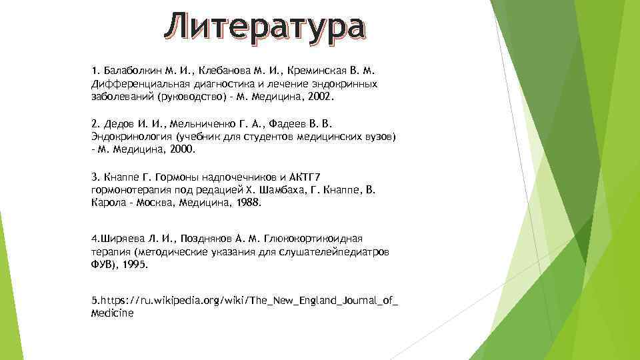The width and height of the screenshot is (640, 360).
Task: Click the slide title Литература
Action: (x=265, y=27)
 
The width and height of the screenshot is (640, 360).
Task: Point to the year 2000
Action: (x=181, y=149)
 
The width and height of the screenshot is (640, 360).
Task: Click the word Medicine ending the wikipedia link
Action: (x=111, y=313)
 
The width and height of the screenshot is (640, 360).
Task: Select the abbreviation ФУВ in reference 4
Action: (x=101, y=264)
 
